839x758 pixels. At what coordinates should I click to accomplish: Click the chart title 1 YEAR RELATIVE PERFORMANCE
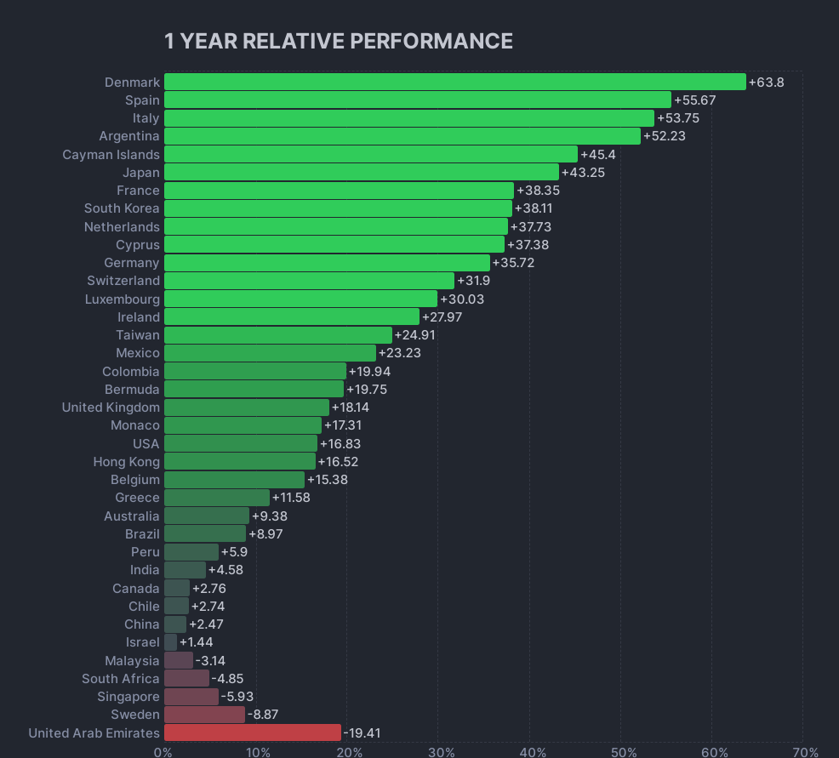pos(338,41)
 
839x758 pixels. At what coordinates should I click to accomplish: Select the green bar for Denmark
pos(454,82)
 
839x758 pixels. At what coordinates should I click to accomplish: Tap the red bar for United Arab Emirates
pos(252,732)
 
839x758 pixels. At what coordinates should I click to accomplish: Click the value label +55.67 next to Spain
pos(694,100)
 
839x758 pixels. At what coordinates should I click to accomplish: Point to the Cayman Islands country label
pos(111,154)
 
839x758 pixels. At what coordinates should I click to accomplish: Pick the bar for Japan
pos(361,172)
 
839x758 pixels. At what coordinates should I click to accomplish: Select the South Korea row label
pos(122,208)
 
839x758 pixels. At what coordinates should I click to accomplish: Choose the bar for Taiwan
pos(277,334)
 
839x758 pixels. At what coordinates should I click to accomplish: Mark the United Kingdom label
pos(111,407)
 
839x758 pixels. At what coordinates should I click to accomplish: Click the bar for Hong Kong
pos(239,461)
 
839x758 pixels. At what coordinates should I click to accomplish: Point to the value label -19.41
pos(363,732)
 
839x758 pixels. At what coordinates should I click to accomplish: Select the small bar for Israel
pos(170,642)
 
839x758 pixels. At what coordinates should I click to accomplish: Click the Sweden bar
pos(204,715)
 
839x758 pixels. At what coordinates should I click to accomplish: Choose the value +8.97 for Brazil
pos(265,533)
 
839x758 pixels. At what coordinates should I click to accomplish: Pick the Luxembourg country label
pos(122,299)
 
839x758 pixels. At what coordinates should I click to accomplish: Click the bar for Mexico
pos(270,353)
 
